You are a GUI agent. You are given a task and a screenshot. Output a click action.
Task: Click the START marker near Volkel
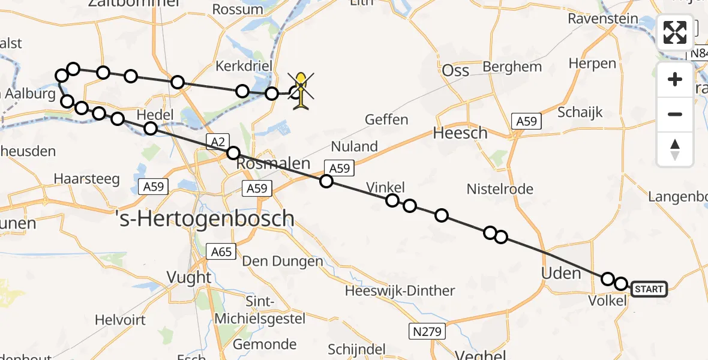[649, 289]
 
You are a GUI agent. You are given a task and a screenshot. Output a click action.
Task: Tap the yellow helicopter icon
[301, 91]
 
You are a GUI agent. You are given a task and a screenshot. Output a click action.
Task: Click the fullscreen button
[675, 32]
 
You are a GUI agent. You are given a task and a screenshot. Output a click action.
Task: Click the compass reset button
[675, 149]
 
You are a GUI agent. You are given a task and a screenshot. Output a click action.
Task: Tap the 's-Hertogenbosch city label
[212, 218]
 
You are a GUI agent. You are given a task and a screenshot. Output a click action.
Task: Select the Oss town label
[455, 70]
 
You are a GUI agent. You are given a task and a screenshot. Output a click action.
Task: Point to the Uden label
[561, 274]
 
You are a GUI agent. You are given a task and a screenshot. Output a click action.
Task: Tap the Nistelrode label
[500, 190]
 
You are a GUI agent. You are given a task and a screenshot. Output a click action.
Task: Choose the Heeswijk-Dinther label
[400, 291]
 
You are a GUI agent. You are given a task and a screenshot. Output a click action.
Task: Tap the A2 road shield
[217, 141]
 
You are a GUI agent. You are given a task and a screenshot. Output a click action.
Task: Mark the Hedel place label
[155, 115]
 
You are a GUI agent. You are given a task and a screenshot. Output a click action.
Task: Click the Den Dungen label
[282, 261]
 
